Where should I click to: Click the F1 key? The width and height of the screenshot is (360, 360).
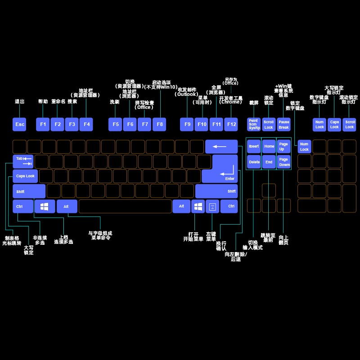coord(43,124)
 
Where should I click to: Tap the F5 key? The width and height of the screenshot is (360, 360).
coord(116,124)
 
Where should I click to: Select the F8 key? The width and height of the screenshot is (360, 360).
coord(160,124)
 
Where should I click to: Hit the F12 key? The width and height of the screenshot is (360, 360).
coord(231,124)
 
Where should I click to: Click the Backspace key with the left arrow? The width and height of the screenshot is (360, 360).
coord(221,146)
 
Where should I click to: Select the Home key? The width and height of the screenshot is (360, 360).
coord(269,146)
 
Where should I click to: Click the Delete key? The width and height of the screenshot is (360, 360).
coord(254,162)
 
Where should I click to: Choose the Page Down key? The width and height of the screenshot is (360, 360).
coord(283,162)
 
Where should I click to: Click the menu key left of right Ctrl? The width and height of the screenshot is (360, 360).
coord(212,206)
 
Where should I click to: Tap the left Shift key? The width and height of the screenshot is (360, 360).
coord(29,191)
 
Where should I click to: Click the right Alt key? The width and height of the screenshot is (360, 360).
coord(181,206)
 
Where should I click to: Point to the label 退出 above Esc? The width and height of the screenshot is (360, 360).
coord(20,102)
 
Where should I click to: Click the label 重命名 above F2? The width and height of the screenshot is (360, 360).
coord(58,102)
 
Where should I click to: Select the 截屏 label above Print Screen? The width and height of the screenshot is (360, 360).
coord(254,103)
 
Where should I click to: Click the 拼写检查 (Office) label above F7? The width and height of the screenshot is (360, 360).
coord(144,105)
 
